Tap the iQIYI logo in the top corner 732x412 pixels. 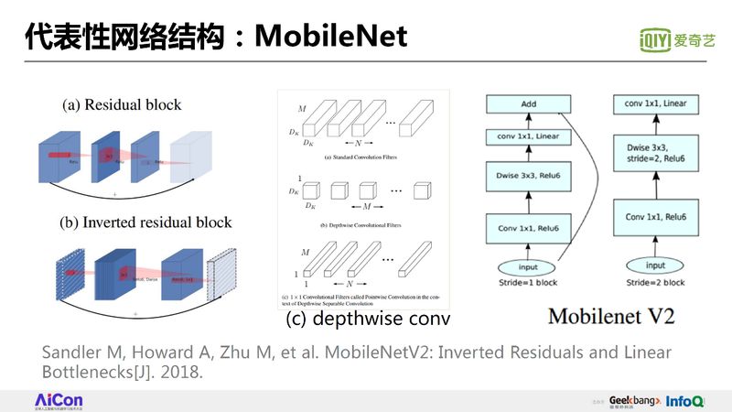pyautogui.click(x=677, y=39)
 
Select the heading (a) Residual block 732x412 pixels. pyautogui.click(x=122, y=104)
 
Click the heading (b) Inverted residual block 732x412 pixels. pyautogui.click(x=146, y=222)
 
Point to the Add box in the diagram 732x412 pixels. pyautogui.click(x=528, y=104)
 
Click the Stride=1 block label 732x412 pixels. pyautogui.click(x=528, y=284)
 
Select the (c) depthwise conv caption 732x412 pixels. pyautogui.click(x=368, y=320)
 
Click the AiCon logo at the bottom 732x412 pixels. pyautogui.click(x=59, y=401)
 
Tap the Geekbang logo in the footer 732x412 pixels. pyautogui.click(x=630, y=401)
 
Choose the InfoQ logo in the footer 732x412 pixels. pyautogui.click(x=684, y=401)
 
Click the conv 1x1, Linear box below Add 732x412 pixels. pyautogui.click(x=528, y=138)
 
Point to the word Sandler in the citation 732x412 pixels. pyautogui.click(x=75, y=352)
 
